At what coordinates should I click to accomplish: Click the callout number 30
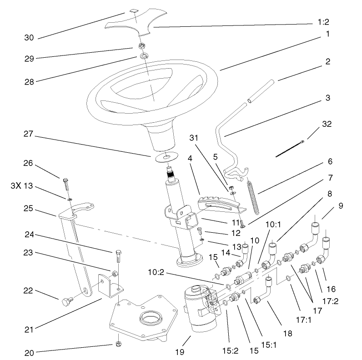[29, 38]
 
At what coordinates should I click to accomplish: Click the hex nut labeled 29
[141, 46]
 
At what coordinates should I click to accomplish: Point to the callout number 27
[29, 134]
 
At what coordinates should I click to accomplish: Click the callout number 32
[327, 124]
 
